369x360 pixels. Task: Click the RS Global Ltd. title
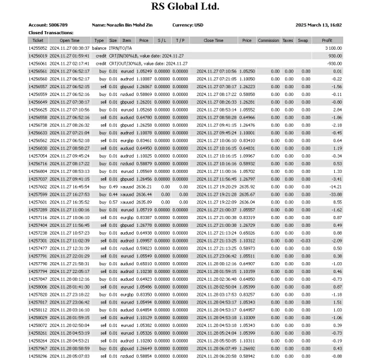(x=184, y=7)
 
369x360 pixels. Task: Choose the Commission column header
(x=268, y=40)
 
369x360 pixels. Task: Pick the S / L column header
(x=161, y=40)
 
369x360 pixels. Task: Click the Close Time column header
(x=214, y=40)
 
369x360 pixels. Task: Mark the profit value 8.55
(x=336, y=202)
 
